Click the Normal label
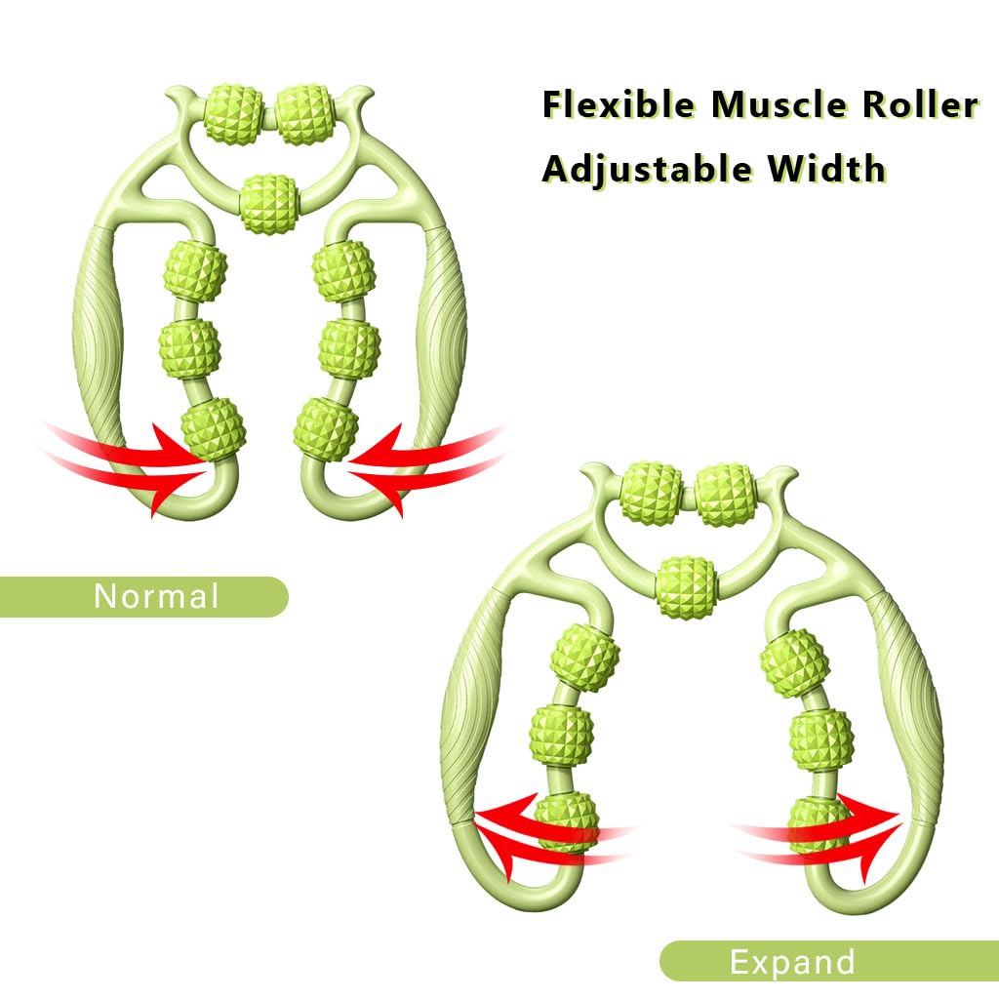[156, 596]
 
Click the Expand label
[792, 961]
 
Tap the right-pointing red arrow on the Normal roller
[127, 459]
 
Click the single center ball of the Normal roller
[268, 202]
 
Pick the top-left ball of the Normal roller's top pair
[234, 113]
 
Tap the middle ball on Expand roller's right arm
[820, 739]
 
